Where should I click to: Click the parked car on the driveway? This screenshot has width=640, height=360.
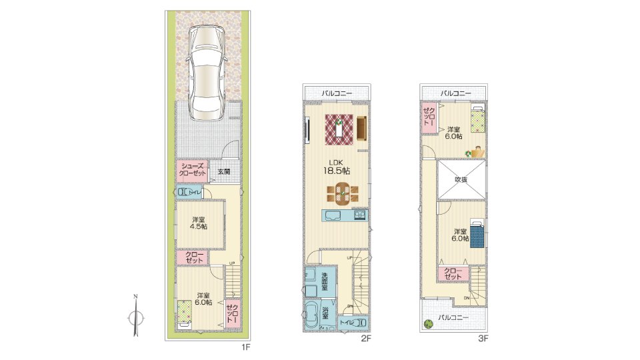point(207,73)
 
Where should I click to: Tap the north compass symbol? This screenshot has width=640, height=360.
point(135,315)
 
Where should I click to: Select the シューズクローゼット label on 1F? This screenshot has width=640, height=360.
point(193,170)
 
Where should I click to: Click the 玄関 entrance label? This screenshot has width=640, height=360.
point(224,172)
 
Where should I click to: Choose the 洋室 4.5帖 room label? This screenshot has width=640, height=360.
point(199,223)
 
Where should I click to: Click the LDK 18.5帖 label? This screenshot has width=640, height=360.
point(336,167)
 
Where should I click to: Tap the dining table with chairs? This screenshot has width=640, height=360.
point(343,193)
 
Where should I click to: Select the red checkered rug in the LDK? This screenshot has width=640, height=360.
point(339,129)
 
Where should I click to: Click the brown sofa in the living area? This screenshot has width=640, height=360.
point(361,129)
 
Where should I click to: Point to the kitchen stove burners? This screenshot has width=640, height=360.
point(360,215)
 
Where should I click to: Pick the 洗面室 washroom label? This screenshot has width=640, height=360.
point(325,281)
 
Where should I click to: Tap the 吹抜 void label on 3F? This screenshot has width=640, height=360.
point(461,179)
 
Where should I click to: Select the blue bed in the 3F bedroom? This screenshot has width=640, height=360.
point(477,233)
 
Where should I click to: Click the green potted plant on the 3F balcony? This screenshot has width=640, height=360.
point(428,324)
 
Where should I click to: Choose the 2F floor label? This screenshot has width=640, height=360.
point(366,338)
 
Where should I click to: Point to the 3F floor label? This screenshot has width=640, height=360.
point(483,338)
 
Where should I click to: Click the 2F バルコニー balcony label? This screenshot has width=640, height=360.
point(337,93)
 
